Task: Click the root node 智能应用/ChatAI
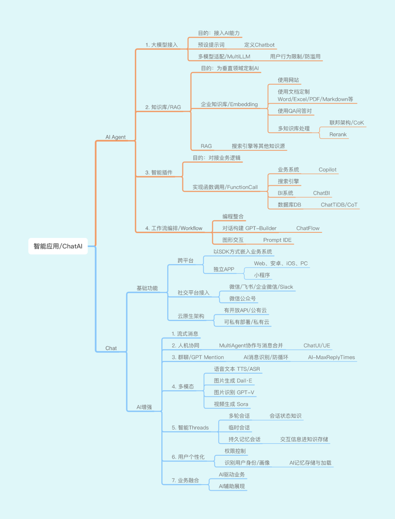point(58,246)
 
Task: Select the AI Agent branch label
point(116,137)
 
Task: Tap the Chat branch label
point(111,348)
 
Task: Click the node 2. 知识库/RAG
point(163,107)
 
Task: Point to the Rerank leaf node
point(338,135)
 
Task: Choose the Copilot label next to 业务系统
point(327,170)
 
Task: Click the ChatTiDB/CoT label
point(339,205)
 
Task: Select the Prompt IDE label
point(277,240)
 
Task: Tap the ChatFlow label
point(308,228)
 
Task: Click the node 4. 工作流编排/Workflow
point(174,228)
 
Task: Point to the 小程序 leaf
point(262,275)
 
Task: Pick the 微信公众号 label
point(242,299)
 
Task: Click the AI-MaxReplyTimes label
point(331,358)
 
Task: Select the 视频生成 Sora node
point(231,404)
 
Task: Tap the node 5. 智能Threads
point(190,428)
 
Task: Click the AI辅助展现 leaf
point(232,486)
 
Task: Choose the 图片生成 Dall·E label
point(233,381)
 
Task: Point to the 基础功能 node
point(147,288)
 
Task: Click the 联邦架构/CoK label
point(347,123)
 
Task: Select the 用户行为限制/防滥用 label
point(295,57)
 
